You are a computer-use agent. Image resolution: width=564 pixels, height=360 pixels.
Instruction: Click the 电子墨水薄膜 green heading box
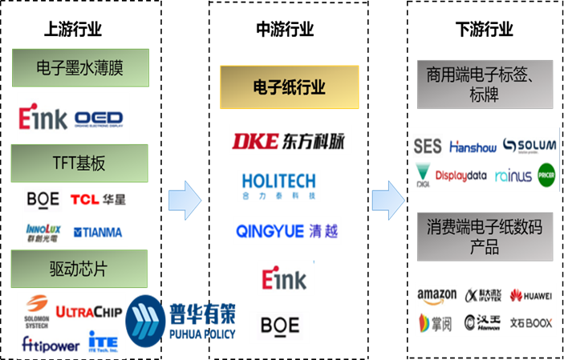(x=80, y=68)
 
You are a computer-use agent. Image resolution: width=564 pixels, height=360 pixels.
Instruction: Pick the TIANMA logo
(x=97, y=232)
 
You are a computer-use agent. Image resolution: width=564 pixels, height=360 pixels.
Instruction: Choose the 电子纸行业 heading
(x=289, y=87)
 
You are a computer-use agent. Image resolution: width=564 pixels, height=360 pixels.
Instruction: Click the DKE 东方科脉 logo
(x=290, y=141)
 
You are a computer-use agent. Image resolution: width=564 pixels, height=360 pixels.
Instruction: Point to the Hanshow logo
(x=473, y=147)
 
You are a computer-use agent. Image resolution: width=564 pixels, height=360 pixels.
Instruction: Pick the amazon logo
(x=436, y=297)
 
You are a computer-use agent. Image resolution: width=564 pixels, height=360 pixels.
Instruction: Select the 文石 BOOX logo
(x=531, y=323)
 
